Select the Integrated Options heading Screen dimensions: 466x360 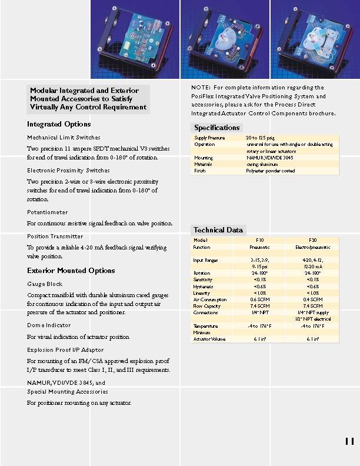[x=59, y=124]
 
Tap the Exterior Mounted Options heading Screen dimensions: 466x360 [x=71, y=271]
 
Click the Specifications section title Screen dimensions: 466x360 [x=216, y=128]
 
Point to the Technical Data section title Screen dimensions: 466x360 [x=218, y=230]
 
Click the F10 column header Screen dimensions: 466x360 [x=259, y=240]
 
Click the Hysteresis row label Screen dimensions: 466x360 [x=203, y=287]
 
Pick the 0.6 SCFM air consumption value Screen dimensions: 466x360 [x=259, y=299]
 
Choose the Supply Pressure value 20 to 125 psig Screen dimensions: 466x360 [x=259, y=138]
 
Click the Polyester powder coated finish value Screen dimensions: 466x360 [x=270, y=171]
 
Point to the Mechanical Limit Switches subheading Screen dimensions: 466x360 [x=64, y=137]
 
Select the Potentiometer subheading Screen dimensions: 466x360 [x=48, y=212]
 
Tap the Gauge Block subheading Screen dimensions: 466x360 [x=45, y=284]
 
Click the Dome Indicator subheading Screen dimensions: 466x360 [x=49, y=325]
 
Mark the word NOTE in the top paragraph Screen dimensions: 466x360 [x=201, y=88]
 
